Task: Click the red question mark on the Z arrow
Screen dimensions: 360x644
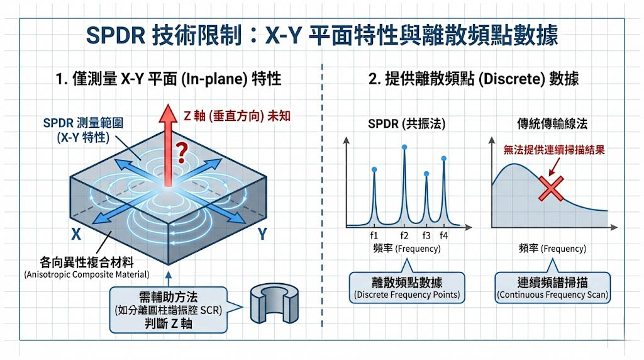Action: point(182,150)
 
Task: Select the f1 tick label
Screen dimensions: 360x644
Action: point(374,235)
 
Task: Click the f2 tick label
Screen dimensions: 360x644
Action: point(404,235)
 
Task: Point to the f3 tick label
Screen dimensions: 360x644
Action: point(426,235)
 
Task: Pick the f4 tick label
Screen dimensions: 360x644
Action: point(443,235)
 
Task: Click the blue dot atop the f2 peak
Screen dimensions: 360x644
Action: point(404,147)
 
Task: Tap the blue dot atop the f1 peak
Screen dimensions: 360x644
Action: point(374,169)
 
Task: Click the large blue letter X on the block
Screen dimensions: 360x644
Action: point(75,234)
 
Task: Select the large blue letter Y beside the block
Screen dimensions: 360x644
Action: point(263,235)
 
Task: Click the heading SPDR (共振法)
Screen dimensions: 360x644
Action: point(406,123)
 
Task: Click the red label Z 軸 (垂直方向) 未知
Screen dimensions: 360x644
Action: point(236,116)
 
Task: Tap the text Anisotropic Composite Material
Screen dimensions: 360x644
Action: point(86,274)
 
